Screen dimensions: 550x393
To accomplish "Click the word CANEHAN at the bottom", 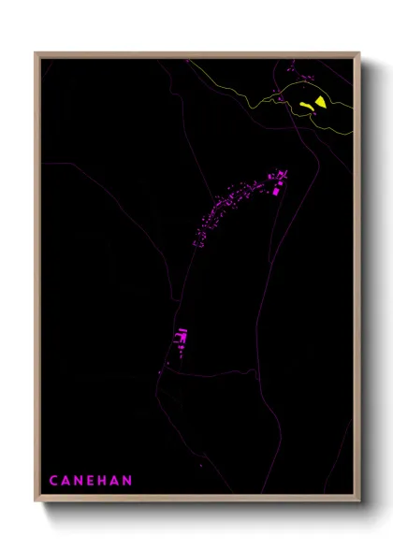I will pyautogui.click(x=91, y=481).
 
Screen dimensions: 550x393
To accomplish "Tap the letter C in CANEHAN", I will pyautogui.click(x=54, y=481).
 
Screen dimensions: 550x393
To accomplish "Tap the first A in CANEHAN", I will pyautogui.click(x=65, y=481).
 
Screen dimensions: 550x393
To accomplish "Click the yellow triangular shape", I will pyautogui.click(x=321, y=101).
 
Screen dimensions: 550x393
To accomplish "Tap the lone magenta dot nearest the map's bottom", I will pyautogui.click(x=200, y=463).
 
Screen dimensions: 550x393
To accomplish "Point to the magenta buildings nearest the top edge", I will pyautogui.click(x=292, y=66).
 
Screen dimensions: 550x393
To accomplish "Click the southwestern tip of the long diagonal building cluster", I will pyautogui.click(x=196, y=244).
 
